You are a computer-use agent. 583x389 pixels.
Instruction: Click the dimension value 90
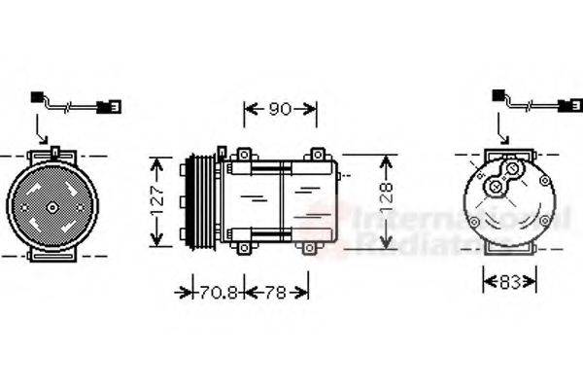(280, 110)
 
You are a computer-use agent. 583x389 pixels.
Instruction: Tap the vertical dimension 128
(386, 200)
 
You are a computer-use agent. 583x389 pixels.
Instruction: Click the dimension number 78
(276, 291)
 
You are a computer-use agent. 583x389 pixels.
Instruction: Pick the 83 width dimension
(509, 282)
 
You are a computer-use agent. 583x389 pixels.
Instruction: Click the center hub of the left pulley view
(49, 205)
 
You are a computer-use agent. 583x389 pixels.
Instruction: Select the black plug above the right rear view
(499, 95)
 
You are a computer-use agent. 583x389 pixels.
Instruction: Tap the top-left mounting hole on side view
(242, 154)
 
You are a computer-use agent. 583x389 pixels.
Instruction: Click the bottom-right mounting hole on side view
(310, 249)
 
